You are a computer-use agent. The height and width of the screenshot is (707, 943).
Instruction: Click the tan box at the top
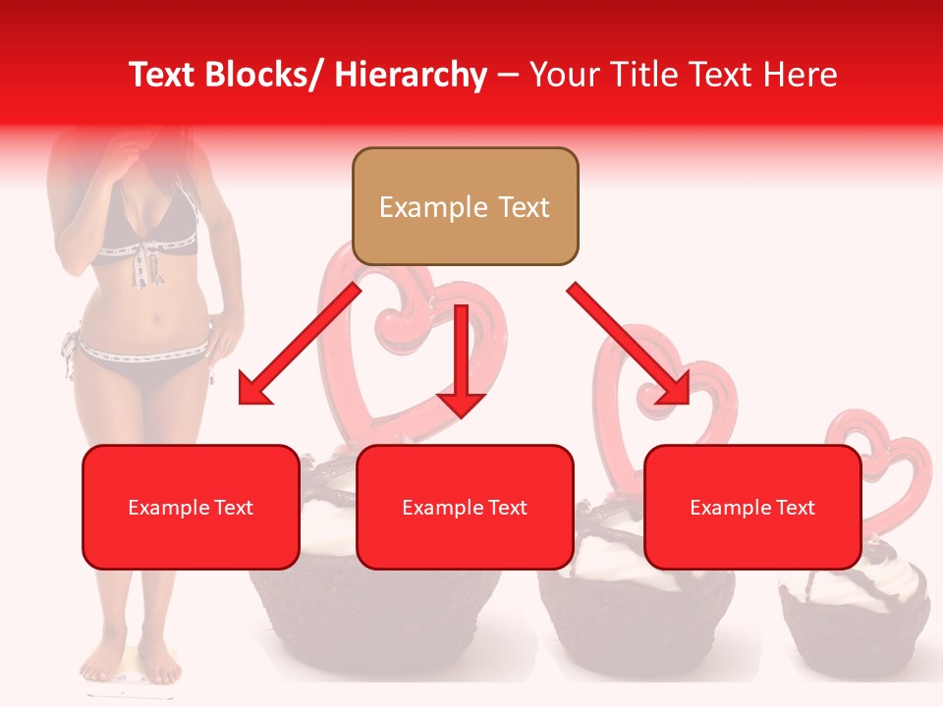tap(465, 206)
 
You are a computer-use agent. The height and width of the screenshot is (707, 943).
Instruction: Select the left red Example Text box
tap(191, 507)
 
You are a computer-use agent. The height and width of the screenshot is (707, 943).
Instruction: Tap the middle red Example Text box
tap(465, 507)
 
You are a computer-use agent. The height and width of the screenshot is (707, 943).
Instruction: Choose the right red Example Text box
tap(752, 507)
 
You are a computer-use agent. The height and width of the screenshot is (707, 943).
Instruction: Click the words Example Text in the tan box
tap(465, 207)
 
